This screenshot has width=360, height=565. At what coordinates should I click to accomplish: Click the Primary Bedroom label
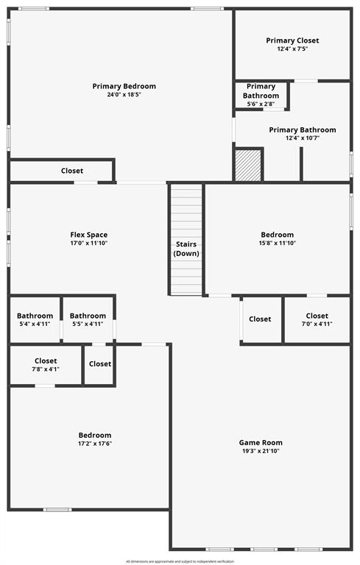[x=124, y=86]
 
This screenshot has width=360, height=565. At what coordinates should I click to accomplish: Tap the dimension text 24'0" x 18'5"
[x=124, y=95]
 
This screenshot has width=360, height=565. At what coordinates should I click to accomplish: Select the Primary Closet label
[x=292, y=40]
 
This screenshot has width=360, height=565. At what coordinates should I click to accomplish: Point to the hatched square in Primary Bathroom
[x=248, y=165]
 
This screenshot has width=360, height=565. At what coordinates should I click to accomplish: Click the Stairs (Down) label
[x=186, y=249]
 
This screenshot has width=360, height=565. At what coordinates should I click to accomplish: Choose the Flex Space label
[x=88, y=235]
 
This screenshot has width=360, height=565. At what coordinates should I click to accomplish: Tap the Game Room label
[x=261, y=443]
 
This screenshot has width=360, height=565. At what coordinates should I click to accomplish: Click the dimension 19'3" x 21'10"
[x=261, y=451]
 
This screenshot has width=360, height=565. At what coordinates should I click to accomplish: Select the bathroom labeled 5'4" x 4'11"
[x=35, y=319]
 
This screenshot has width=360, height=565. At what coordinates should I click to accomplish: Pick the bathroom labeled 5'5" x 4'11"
[x=88, y=319]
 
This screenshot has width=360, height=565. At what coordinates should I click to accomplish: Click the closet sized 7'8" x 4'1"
[x=46, y=365]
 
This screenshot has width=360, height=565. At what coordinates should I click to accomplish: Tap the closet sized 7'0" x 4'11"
[x=317, y=319]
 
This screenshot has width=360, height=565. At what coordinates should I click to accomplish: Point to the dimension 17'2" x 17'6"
[x=95, y=444]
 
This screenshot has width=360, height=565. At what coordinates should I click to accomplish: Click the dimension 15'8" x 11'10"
[x=277, y=244]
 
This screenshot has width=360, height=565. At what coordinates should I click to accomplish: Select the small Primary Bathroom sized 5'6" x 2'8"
[x=261, y=95]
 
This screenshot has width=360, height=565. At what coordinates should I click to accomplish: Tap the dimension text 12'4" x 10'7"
[x=302, y=138]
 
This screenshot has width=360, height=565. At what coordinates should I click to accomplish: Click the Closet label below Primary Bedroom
[x=72, y=171]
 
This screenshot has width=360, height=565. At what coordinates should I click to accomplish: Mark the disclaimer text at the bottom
[x=180, y=561]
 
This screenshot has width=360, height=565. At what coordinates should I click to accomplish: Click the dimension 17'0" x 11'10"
[x=88, y=244]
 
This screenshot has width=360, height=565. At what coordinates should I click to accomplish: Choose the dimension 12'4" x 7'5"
[x=292, y=49]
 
